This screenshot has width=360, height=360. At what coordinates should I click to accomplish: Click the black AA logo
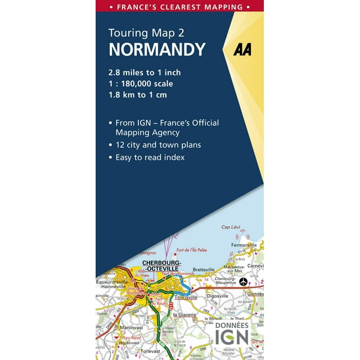(242, 49)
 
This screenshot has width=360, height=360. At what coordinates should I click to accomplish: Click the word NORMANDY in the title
(157, 49)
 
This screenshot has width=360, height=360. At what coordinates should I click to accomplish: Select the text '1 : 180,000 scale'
(141, 83)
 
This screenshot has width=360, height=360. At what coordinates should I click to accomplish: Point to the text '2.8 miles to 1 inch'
(145, 72)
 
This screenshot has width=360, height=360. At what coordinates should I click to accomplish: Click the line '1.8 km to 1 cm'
(138, 94)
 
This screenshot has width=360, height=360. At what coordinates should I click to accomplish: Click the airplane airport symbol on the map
(243, 281)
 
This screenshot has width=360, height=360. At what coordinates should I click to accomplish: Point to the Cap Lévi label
(231, 227)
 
